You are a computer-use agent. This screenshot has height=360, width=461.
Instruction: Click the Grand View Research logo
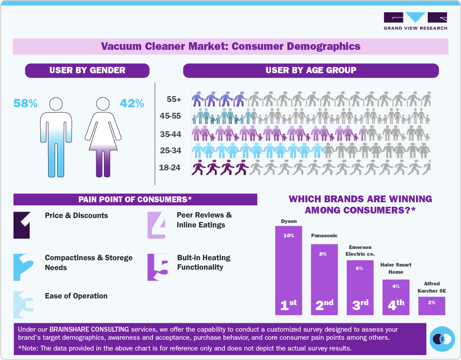point(415,21)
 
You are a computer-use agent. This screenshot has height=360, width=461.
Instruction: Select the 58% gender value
point(25,103)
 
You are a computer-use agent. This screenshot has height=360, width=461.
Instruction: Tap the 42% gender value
point(132,103)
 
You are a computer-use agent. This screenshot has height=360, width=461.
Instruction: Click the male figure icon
point(56,137)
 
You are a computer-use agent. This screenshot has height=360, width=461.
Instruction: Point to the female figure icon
point(104,137)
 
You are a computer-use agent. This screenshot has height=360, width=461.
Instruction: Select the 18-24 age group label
point(170,168)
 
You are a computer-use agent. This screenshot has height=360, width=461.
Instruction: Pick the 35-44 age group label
point(170,134)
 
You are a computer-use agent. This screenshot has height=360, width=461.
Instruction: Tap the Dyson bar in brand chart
point(288,270)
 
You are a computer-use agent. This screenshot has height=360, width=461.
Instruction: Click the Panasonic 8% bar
point(324,279)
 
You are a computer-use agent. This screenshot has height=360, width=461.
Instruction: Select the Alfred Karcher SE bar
point(431,306)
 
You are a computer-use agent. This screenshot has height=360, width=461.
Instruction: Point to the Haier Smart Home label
point(396,268)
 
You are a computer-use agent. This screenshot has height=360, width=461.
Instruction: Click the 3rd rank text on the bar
point(360,305)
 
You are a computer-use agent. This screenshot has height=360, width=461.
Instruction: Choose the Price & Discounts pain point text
point(76,215)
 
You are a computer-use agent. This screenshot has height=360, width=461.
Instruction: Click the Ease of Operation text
point(76,296)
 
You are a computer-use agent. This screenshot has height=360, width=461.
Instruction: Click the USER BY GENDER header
point(87,71)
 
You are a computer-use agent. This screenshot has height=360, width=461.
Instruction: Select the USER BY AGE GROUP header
point(311,71)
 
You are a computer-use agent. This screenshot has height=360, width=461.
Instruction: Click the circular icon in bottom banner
point(441,339)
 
